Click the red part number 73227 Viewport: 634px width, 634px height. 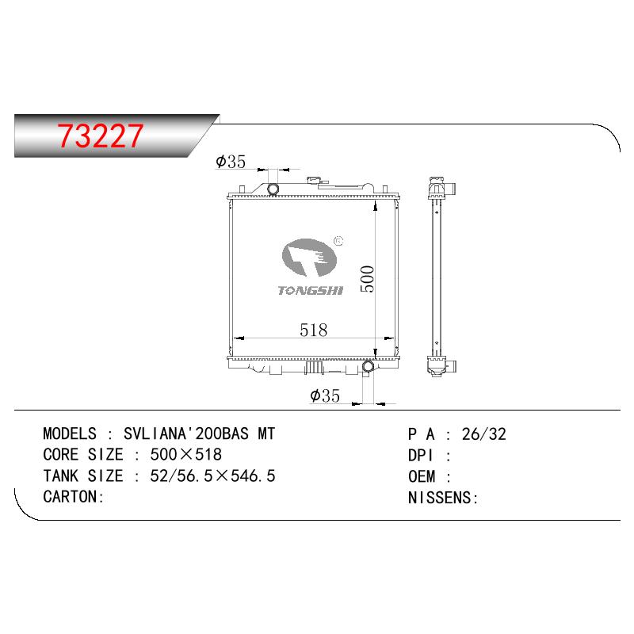[x=100, y=136]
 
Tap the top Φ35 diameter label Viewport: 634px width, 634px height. [x=231, y=162]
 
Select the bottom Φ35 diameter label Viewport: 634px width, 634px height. [x=325, y=395]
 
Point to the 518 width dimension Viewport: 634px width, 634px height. [x=313, y=330]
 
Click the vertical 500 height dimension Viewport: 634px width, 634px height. [x=367, y=279]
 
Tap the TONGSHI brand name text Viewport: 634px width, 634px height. [x=311, y=290]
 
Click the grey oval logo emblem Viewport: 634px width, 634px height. [x=309, y=258]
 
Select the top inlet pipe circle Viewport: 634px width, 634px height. [x=273, y=189]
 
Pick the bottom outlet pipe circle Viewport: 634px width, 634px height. [x=368, y=367]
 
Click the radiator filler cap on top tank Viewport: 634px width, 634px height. [x=312, y=181]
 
